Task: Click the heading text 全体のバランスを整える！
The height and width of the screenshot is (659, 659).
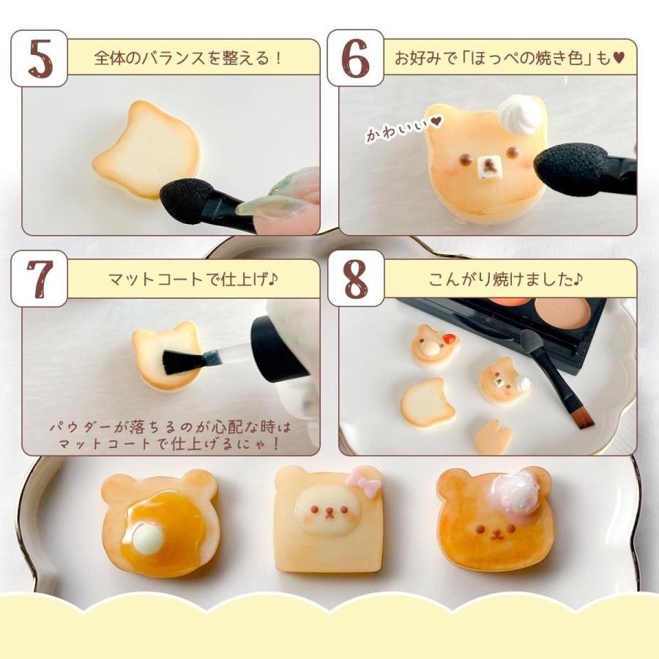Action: coord(188,58)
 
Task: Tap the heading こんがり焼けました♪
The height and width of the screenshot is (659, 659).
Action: coord(505,279)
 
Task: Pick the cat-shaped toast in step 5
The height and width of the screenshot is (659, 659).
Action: coord(146,149)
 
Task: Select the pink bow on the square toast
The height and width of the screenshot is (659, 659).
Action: coord(363,484)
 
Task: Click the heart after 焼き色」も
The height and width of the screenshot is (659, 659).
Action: coord(618,58)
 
